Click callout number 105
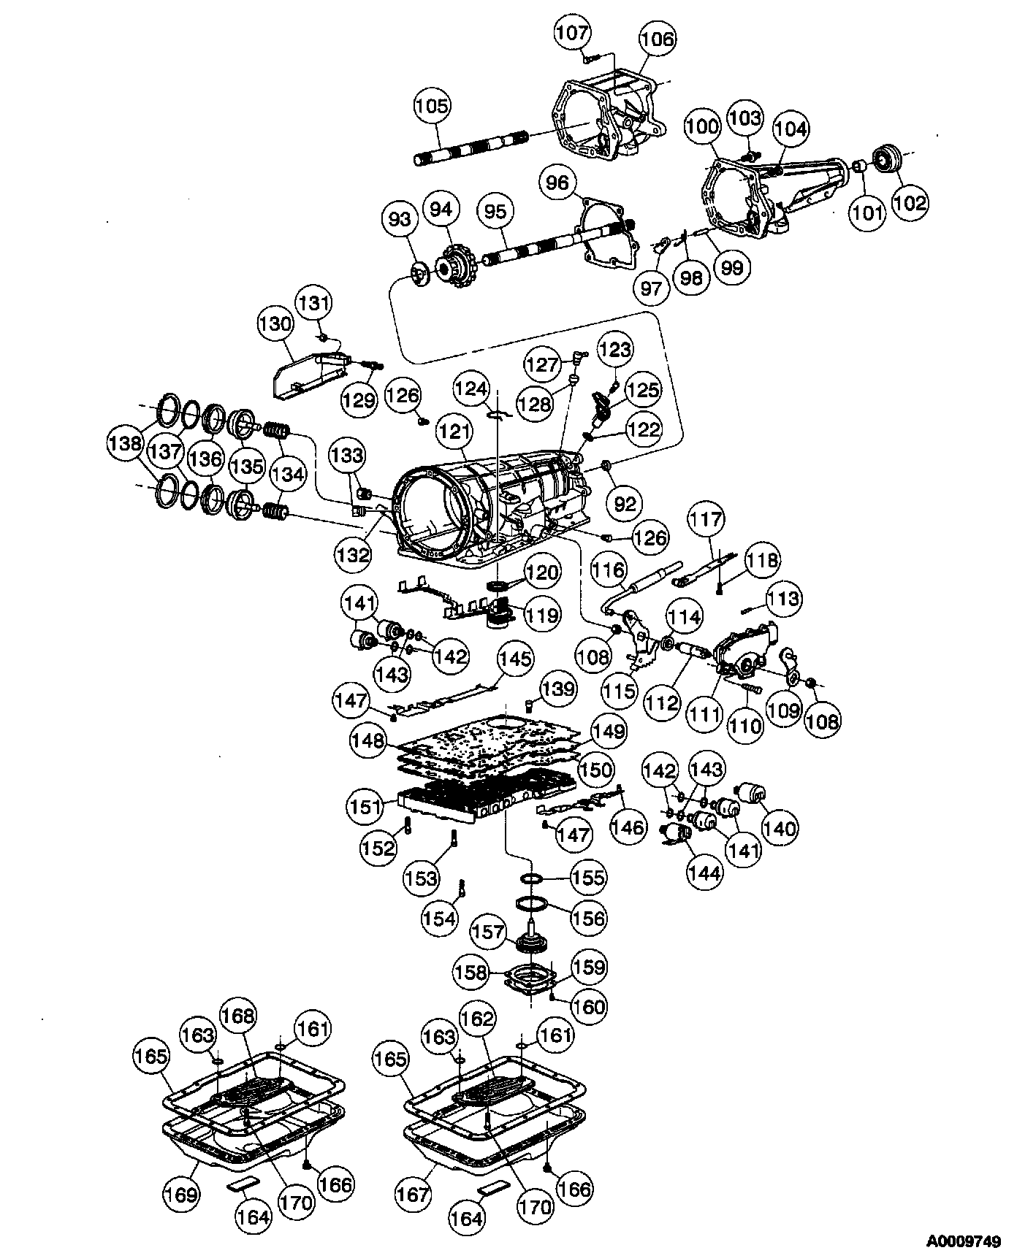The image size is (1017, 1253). pos(433,107)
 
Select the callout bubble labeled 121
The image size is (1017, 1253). pos(454,433)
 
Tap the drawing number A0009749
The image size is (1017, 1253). pos(964,1241)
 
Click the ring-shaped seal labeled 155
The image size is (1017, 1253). pos(532,876)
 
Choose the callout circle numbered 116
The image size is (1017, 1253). pos(609,570)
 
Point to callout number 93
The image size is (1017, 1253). pos(400,218)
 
